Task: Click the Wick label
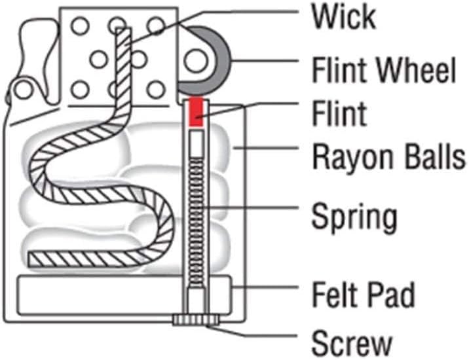pyautogui.click(x=343, y=17)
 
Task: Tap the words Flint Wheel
pyautogui.click(x=383, y=70)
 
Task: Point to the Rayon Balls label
pyautogui.click(x=388, y=158)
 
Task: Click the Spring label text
pyautogui.click(x=354, y=217)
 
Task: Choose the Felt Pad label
pyautogui.click(x=363, y=295)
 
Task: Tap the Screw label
pyautogui.click(x=352, y=342)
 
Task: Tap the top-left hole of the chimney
pyautogui.click(x=80, y=26)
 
